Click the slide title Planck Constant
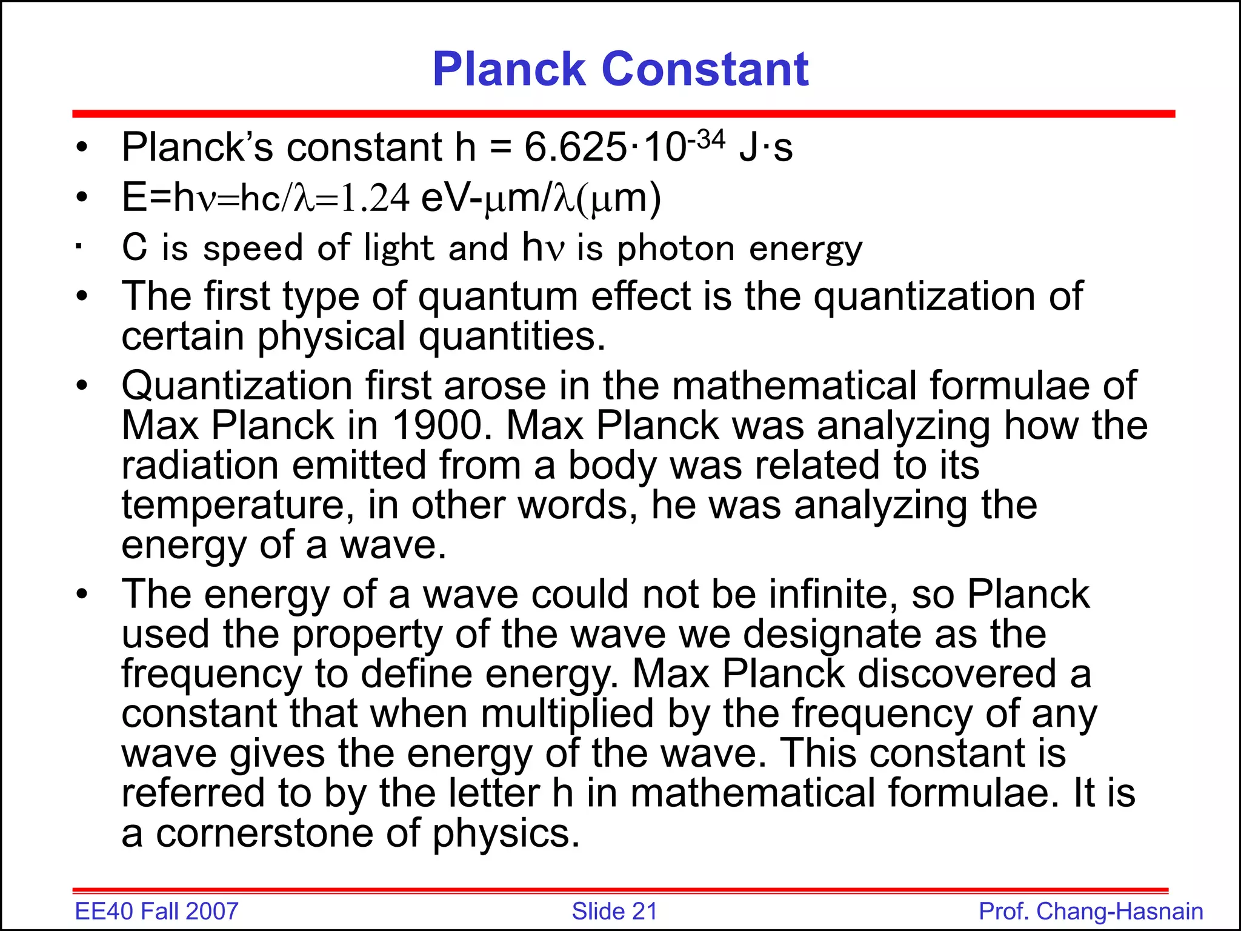pos(620,69)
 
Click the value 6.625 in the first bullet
pos(575,147)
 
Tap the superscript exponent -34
pos(706,139)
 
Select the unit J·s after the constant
pos(765,147)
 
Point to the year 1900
pos(442,425)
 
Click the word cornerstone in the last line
pos(264,833)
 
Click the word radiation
pos(199,465)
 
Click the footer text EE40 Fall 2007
pos(156,912)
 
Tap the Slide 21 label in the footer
pos(614,912)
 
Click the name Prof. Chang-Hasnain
pos(1091,912)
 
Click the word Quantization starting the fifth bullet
pos(237,385)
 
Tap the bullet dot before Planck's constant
pos(82,147)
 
